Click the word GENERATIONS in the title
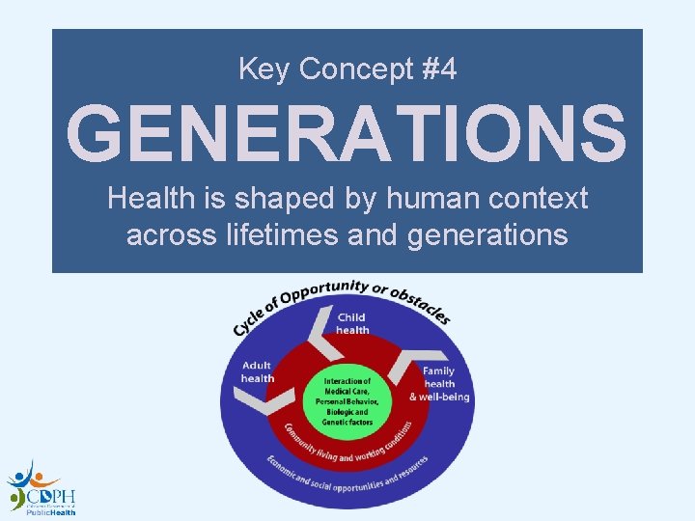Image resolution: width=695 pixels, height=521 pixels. pos(347,135)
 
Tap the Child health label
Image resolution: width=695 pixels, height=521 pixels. pos(352,323)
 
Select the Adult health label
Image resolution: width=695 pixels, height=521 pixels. pos(258,371)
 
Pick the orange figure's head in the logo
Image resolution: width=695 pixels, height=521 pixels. pos(38,476)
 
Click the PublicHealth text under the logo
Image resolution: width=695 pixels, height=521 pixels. pos(50,513)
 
